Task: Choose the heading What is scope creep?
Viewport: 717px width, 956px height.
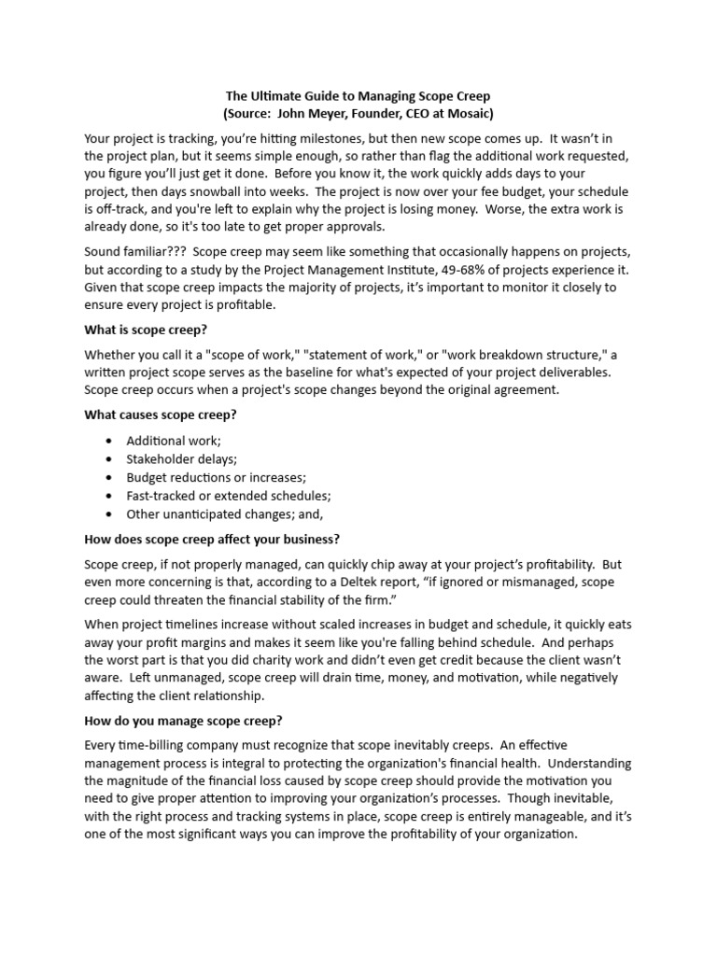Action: tap(159, 330)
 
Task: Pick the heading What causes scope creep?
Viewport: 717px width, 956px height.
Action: tap(166, 415)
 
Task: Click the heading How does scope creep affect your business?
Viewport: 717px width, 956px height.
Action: tap(212, 539)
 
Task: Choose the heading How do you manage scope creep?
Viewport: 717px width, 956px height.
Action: tap(183, 720)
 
